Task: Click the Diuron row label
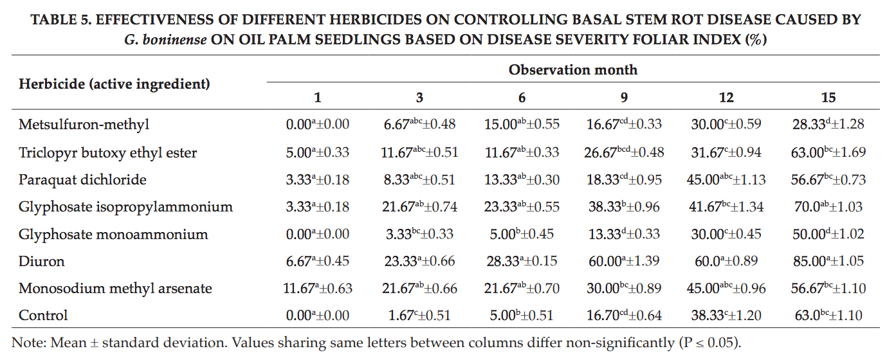click(42, 261)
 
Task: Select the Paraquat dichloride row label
click(82, 180)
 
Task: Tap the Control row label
click(43, 315)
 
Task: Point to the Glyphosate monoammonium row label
click(113, 234)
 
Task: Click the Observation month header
click(573, 70)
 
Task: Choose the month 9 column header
click(624, 98)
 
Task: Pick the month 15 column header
click(828, 98)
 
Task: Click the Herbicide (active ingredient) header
click(114, 84)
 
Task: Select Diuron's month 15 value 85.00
click(828, 261)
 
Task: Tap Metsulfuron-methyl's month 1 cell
click(318, 124)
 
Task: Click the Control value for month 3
click(419, 315)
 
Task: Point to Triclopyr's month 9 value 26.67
click(624, 152)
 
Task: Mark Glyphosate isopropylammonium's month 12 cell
click(726, 206)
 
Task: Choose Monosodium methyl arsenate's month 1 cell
click(318, 288)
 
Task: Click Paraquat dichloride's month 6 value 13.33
click(522, 180)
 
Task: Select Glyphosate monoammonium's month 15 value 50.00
click(828, 234)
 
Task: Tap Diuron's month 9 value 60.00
click(624, 261)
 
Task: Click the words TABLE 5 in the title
click(61, 19)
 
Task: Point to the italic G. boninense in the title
click(165, 40)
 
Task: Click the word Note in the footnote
click(27, 343)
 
